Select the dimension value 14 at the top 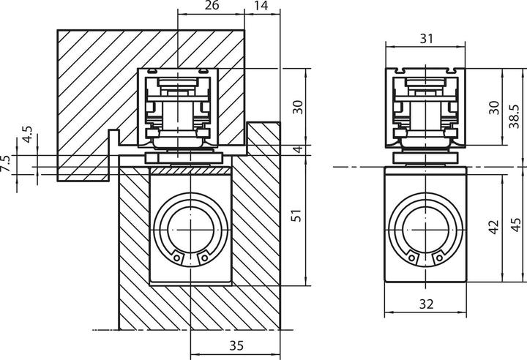click(261, 7)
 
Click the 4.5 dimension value click(27, 136)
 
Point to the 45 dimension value click(515, 228)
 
